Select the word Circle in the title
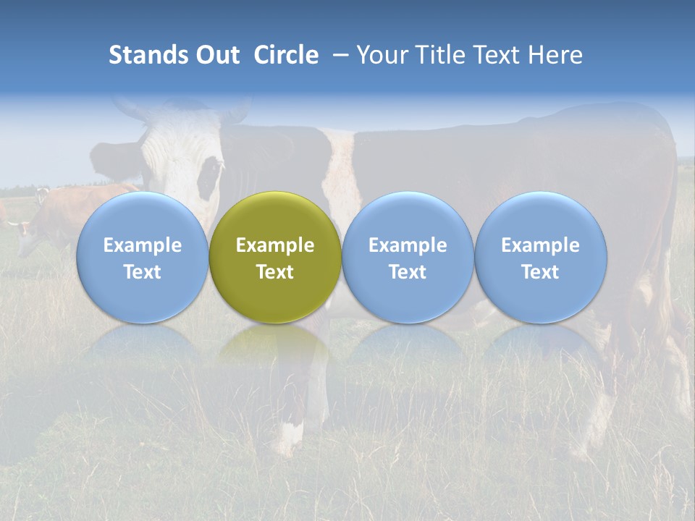click(286, 55)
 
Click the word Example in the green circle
click(275, 245)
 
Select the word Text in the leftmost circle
click(142, 272)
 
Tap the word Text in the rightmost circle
click(540, 272)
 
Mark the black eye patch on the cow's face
click(210, 177)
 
